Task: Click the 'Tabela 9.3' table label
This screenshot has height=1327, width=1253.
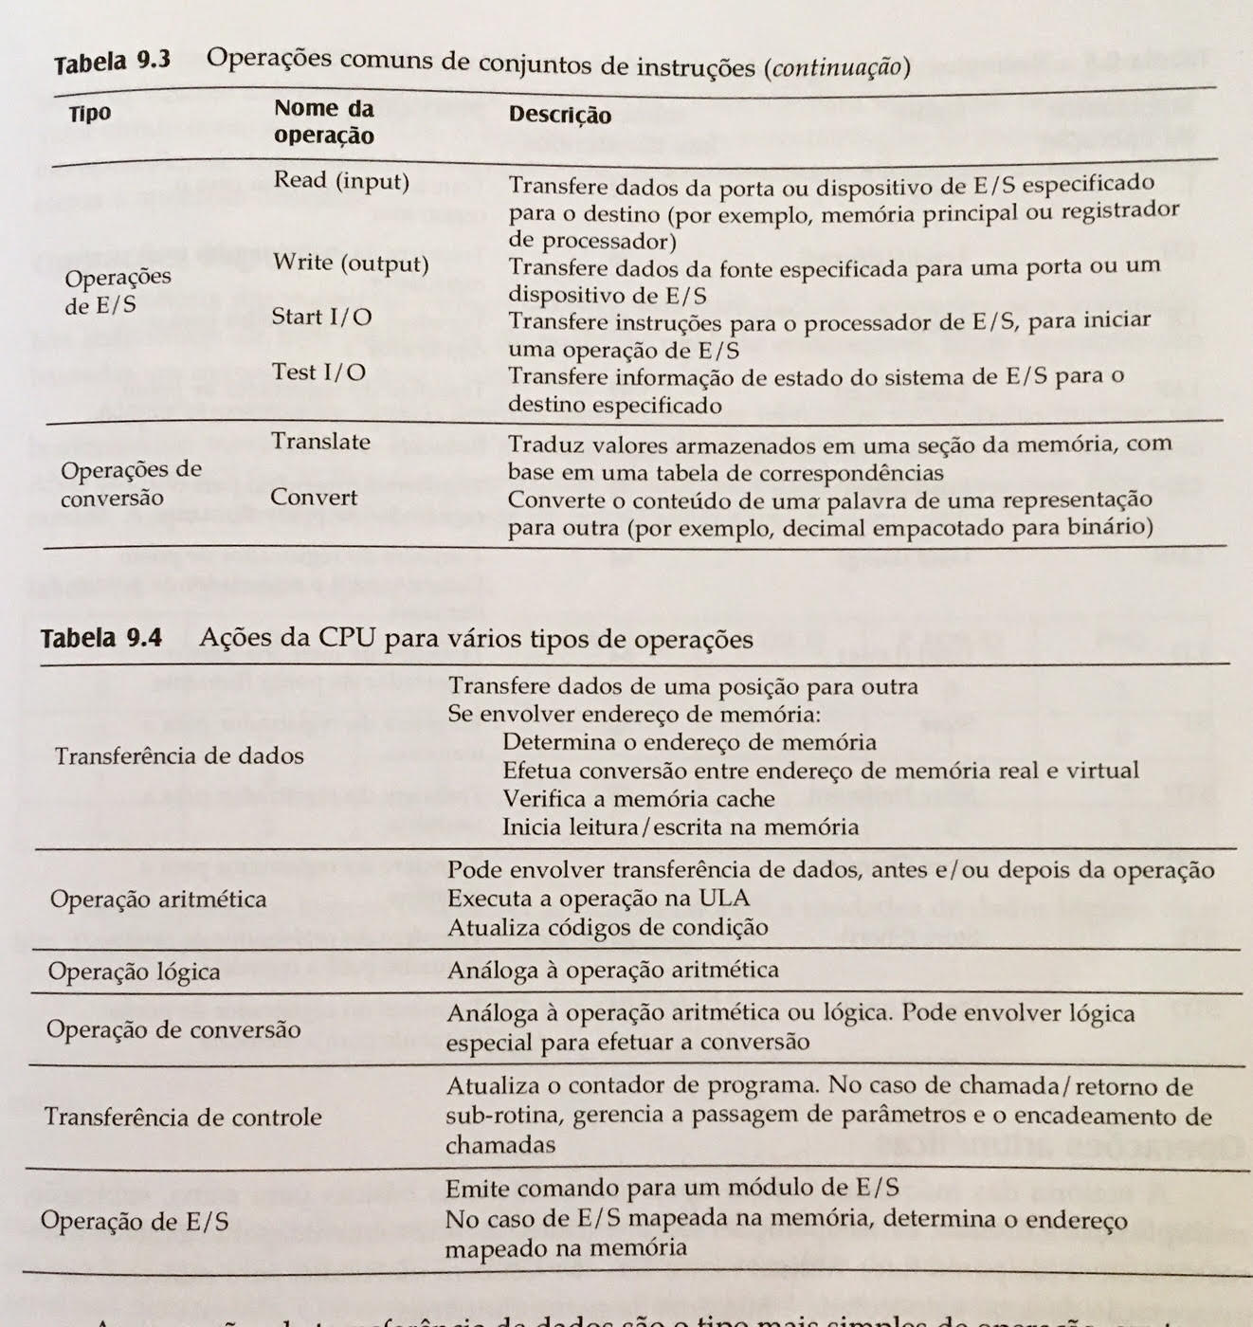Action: coord(112,62)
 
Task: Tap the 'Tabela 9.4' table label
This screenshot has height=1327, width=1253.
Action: coord(100,638)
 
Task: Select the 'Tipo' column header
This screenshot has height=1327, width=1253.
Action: coord(90,114)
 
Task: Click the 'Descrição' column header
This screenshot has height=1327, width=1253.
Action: coord(559,115)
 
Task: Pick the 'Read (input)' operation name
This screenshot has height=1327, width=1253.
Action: coord(341,180)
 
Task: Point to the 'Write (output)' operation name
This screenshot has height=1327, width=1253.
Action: coord(351,263)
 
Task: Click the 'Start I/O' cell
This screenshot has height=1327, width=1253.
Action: coord(321,317)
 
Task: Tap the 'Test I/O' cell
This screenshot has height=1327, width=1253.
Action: coord(318,372)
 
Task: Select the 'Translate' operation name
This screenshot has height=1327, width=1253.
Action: coord(320,442)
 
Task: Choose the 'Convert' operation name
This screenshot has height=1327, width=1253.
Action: coord(314,498)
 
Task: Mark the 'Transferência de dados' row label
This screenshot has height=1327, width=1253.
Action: coord(179,756)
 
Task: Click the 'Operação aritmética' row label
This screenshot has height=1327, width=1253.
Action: coord(158,899)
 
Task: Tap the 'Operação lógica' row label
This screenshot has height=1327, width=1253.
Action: coord(134,972)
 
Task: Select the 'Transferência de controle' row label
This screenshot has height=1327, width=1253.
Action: coord(182,1118)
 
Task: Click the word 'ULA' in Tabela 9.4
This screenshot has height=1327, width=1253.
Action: coord(727,898)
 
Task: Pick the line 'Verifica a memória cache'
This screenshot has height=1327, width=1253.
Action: coord(638,798)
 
